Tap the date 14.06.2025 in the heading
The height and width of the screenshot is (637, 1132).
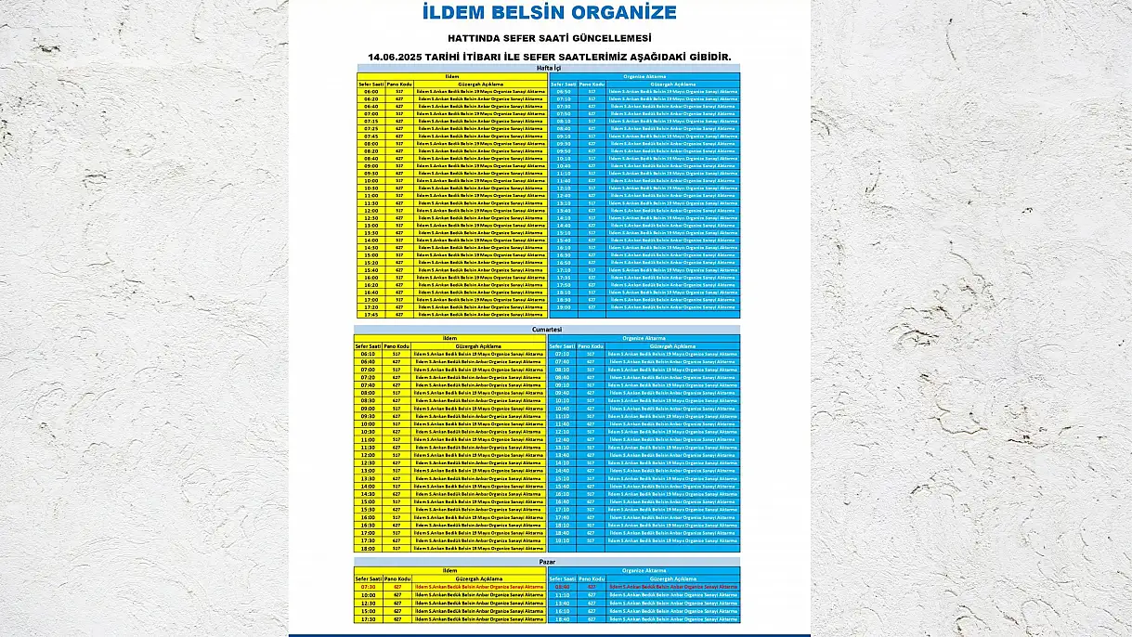click(400, 57)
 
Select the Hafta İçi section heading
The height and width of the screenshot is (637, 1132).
click(549, 68)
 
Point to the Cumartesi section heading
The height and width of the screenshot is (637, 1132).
click(547, 330)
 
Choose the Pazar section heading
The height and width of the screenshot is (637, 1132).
click(547, 562)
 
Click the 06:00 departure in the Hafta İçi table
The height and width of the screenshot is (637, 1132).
click(371, 92)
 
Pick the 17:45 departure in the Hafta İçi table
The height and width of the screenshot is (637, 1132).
click(371, 315)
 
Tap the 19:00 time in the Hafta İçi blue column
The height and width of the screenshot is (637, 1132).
click(564, 307)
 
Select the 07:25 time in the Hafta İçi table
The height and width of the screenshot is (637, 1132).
click(371, 129)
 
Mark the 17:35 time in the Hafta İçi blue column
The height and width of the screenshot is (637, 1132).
click(564, 278)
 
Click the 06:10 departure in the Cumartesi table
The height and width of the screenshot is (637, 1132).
click(368, 354)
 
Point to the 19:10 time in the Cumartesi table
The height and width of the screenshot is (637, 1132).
click(562, 539)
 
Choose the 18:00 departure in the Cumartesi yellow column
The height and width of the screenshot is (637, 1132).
click(368, 548)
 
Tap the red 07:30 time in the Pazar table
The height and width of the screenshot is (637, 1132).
click(368, 587)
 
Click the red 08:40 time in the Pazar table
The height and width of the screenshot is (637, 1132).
click(562, 587)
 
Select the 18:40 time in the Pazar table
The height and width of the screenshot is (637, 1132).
click(562, 619)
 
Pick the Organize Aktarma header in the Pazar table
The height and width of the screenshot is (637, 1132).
click(644, 570)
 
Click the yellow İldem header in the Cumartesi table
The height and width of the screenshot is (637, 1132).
click(450, 338)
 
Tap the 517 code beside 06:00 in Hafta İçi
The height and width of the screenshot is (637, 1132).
click(399, 92)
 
